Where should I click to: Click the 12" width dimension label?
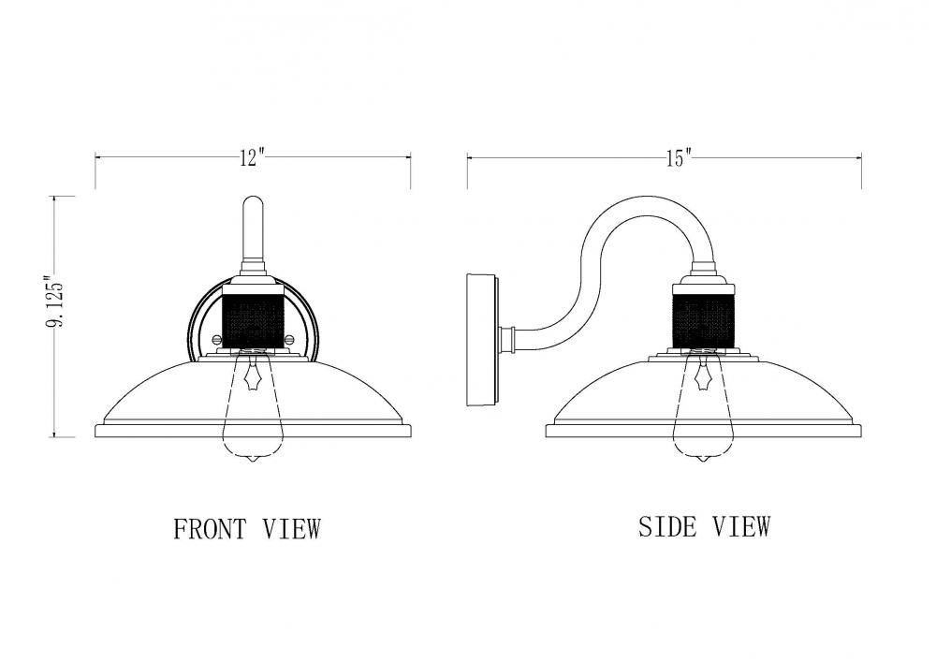click(x=251, y=157)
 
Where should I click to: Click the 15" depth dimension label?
click(x=679, y=157)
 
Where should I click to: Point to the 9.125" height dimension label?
click(x=54, y=302)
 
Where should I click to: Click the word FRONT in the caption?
click(x=209, y=529)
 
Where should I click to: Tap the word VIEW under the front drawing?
click(x=291, y=529)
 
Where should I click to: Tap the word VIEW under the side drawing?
click(x=740, y=526)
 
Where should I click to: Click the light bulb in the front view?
click(x=253, y=407)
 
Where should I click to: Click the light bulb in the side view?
click(x=703, y=407)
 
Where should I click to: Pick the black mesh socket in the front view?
click(x=253, y=319)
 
